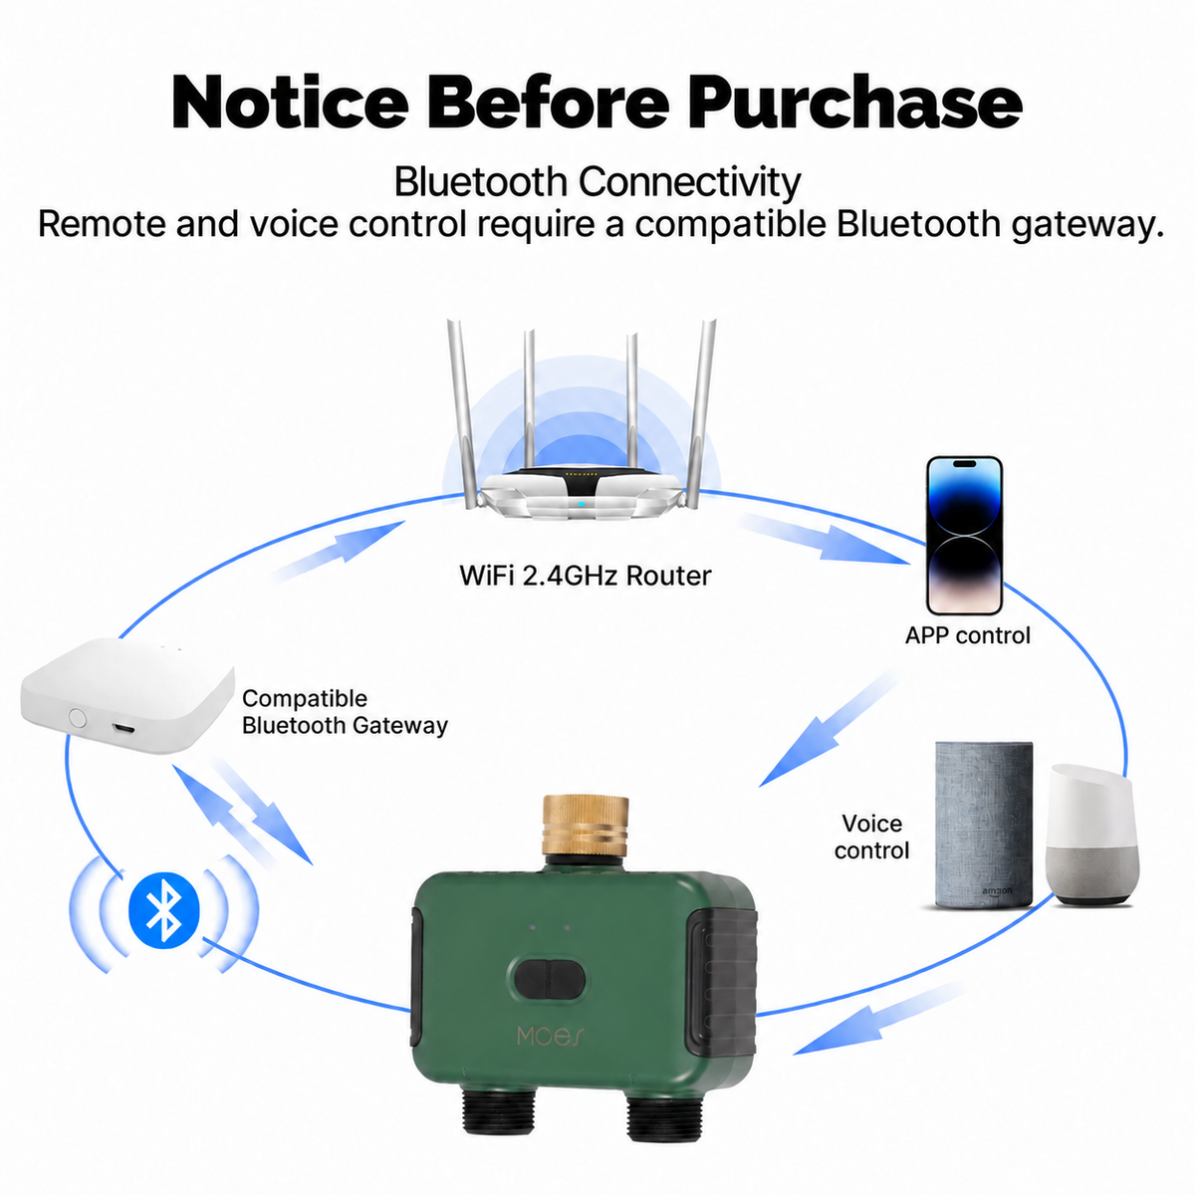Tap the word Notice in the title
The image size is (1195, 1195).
click(x=290, y=103)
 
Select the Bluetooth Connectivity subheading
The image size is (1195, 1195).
click(x=597, y=182)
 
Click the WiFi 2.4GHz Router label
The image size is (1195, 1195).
click(x=585, y=576)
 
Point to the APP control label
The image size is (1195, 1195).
click(x=967, y=635)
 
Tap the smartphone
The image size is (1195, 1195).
click(x=964, y=536)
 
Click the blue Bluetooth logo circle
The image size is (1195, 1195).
click(x=163, y=910)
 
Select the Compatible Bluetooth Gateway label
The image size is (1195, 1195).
click(x=345, y=711)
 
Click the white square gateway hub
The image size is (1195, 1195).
click(x=127, y=695)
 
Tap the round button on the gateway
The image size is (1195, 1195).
click(x=77, y=717)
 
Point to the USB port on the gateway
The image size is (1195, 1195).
click(x=123, y=727)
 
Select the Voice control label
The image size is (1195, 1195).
click(x=871, y=836)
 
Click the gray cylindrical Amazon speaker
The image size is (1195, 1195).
click(x=984, y=826)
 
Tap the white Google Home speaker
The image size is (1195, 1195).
click(x=1091, y=835)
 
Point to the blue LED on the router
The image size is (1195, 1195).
click(x=581, y=503)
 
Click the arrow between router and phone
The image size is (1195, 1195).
click(x=825, y=538)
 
